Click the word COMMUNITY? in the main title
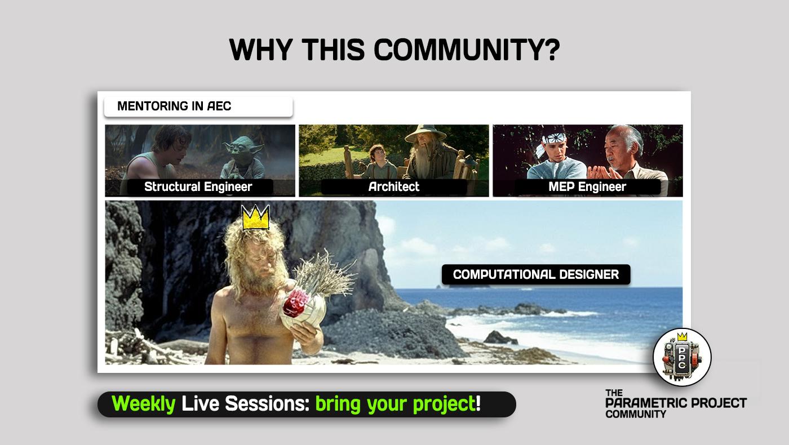pos(467,50)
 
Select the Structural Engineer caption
pos(198,186)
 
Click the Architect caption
pos(394,186)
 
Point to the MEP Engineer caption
pos(587,186)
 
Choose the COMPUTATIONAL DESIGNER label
pos(536,274)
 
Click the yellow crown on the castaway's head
pos(256,217)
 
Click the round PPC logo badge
pos(682,357)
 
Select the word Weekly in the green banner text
pos(143,404)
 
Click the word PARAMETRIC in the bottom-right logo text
pos(646,403)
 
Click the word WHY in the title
pos(260,50)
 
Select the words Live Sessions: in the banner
pos(246,403)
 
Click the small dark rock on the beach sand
pos(500,337)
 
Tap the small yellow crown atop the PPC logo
pos(682,337)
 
